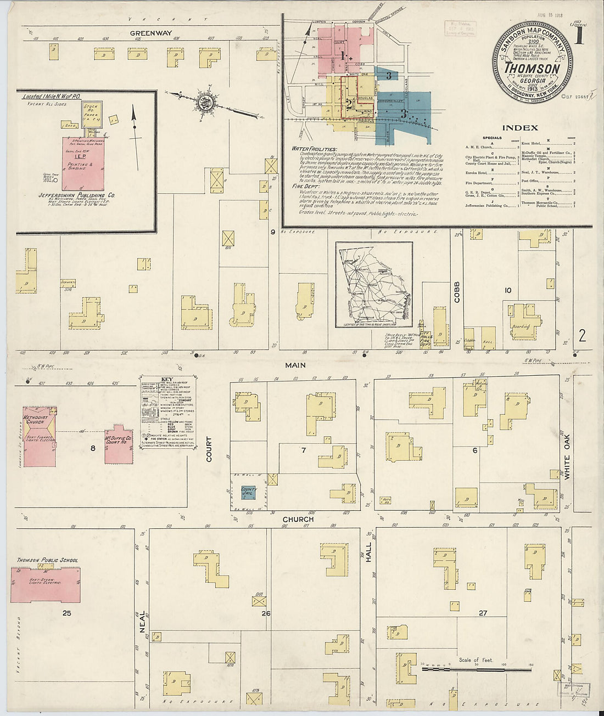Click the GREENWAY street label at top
pos(151,33)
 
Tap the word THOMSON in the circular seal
pos(532,69)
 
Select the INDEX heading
pos(519,128)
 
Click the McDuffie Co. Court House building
pos(119,444)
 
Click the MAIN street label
pos(295,365)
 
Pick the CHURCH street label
pos(298,519)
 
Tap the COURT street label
pos(209,449)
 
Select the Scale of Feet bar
pos(475,669)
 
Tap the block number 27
pos(483,613)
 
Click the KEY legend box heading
pos(167,379)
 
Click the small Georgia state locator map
pos(374,285)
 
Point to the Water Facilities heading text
pos(315,149)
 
